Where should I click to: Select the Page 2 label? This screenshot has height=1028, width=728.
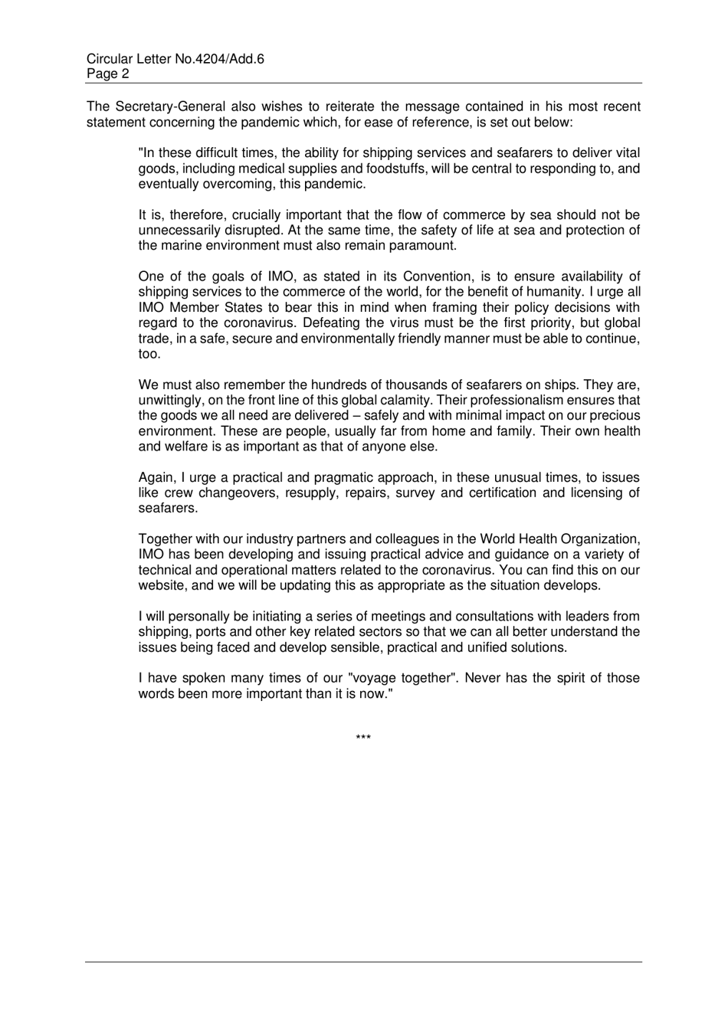coord(108,74)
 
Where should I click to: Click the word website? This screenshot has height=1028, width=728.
coord(163,586)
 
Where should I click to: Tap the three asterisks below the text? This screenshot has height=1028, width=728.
coord(363,738)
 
